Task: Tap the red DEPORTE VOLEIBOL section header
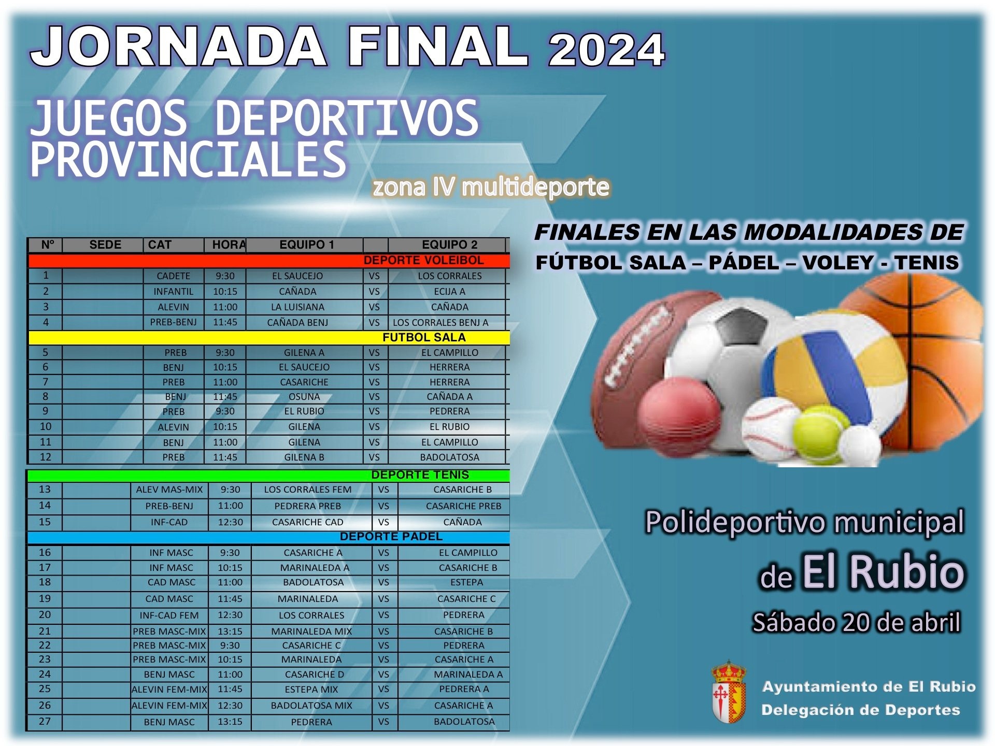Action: tap(423, 260)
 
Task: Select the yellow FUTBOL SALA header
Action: tap(423, 337)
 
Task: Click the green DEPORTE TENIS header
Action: tap(420, 475)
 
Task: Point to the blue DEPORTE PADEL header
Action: tap(391, 537)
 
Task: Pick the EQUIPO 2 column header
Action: tap(449, 245)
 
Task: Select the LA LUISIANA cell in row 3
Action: tap(297, 307)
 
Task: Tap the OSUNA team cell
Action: tap(304, 396)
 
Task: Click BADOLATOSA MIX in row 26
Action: tap(311, 706)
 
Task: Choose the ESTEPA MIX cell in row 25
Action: tap(311, 690)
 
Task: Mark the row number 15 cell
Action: tap(45, 522)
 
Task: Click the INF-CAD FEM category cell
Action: tap(169, 615)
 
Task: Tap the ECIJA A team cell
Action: tap(449, 291)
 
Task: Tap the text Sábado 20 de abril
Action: tap(856, 622)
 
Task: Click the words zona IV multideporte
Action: tap(490, 187)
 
